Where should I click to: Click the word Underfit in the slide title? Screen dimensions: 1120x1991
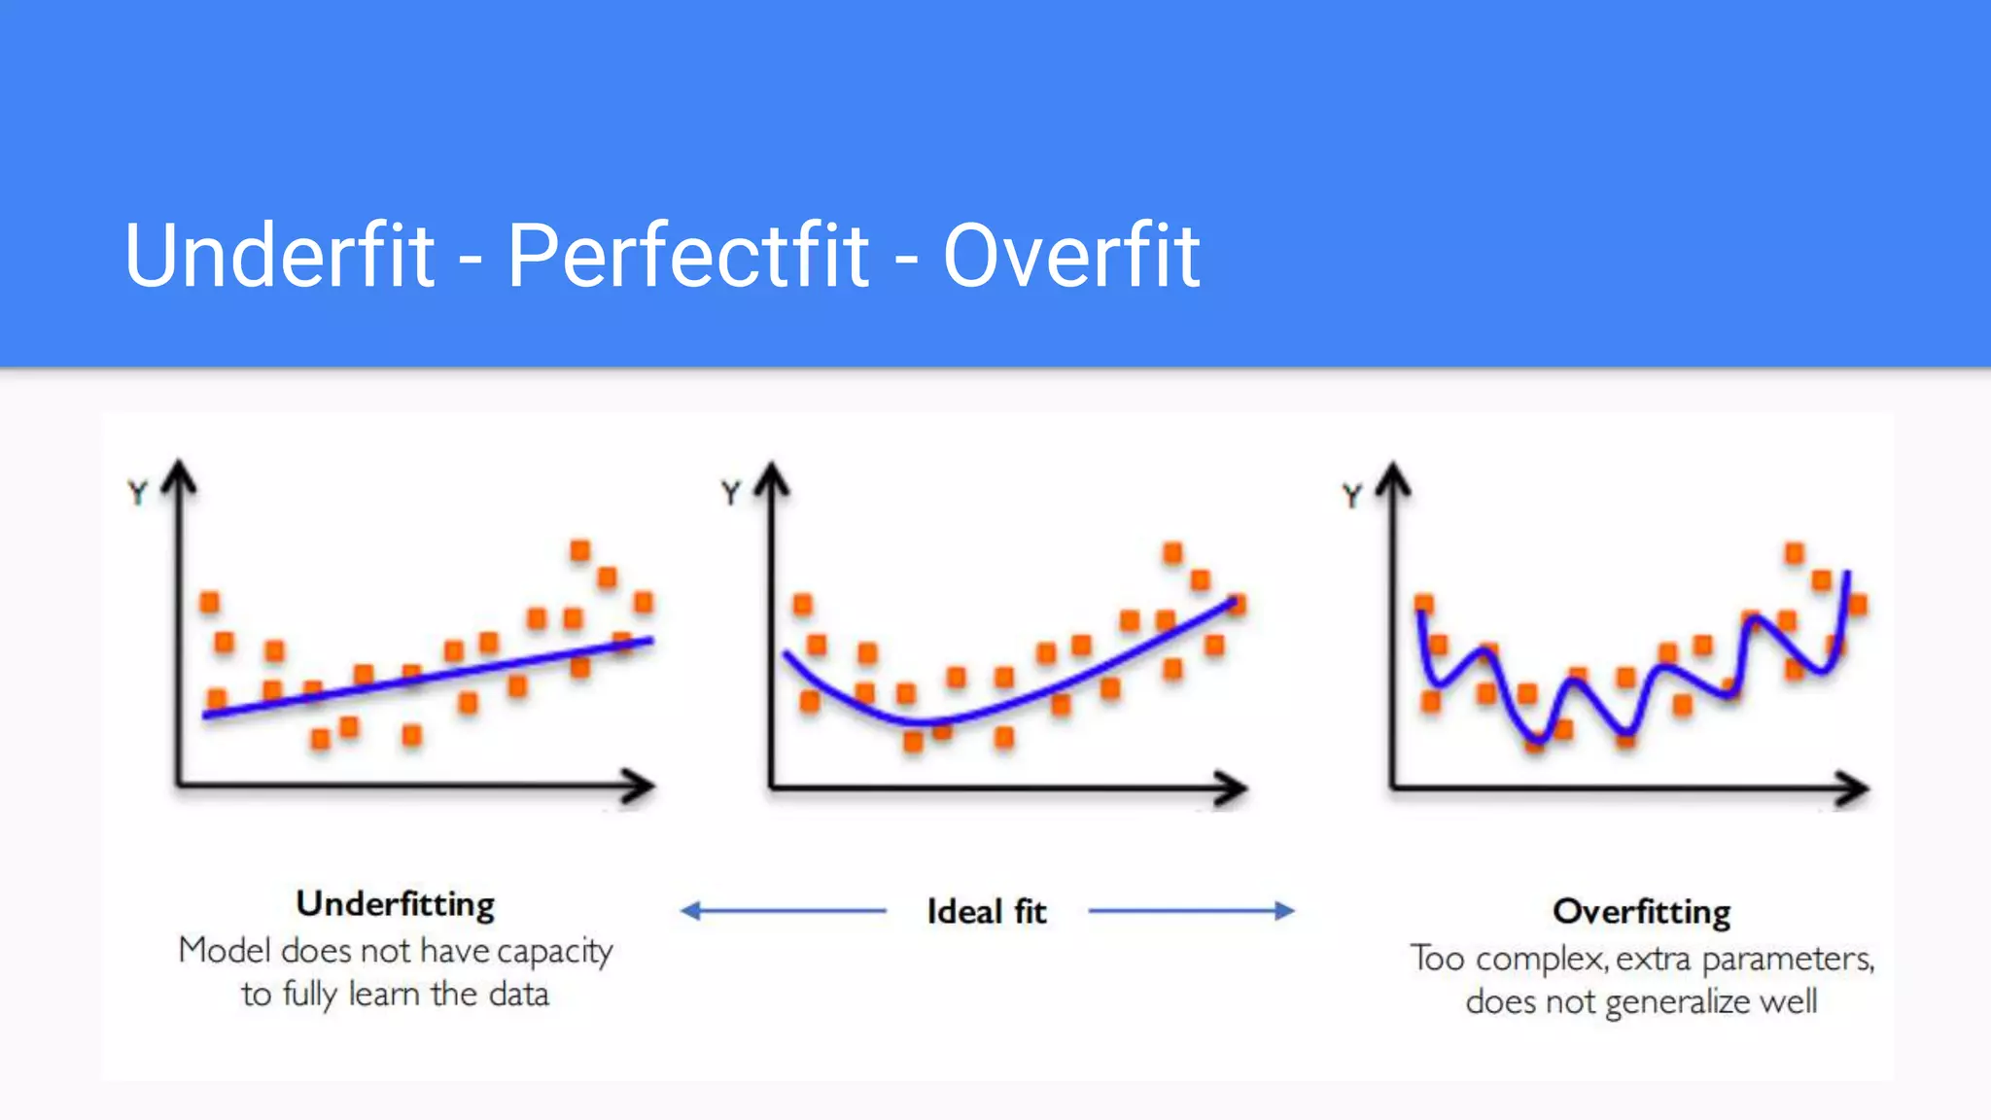point(279,255)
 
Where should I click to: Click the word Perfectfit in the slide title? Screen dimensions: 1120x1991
point(687,255)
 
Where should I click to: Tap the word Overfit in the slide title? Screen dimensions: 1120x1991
point(1071,255)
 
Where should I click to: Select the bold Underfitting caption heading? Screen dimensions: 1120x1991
point(396,904)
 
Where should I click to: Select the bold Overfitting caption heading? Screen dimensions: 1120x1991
point(1641,912)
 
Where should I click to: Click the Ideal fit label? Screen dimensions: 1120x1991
point(986,912)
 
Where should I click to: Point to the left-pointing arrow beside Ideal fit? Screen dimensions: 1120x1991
point(783,911)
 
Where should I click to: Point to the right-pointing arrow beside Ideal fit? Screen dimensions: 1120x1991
point(1192,911)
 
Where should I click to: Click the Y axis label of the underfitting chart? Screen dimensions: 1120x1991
point(138,493)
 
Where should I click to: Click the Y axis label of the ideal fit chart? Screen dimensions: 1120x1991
point(731,493)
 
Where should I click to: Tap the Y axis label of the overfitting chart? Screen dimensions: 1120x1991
point(1352,497)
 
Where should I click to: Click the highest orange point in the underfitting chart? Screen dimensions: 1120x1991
point(580,551)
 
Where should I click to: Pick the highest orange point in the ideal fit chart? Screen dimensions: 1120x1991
point(1173,553)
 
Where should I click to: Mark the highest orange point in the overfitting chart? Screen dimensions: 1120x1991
point(1795,554)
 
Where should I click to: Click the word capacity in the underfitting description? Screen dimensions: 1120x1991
point(554,951)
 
